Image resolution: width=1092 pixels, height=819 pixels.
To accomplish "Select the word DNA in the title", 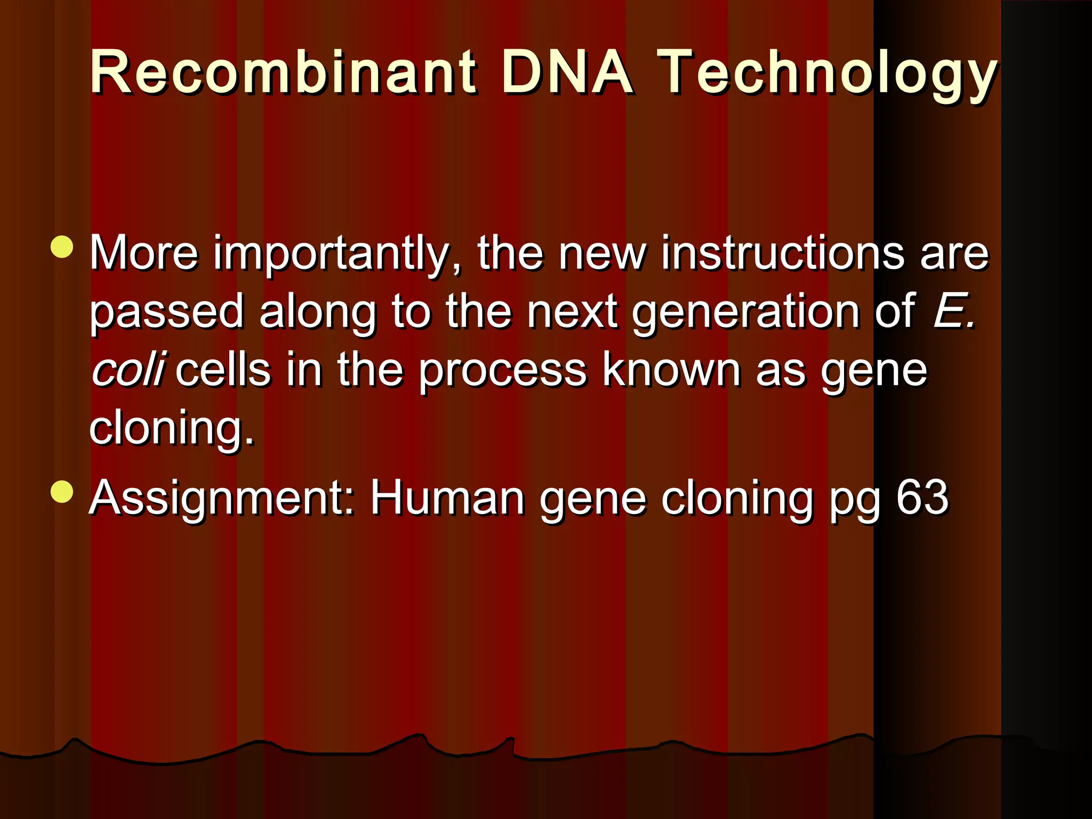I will pos(566,72).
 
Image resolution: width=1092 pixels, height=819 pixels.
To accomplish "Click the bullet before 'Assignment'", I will pos(62,492).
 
